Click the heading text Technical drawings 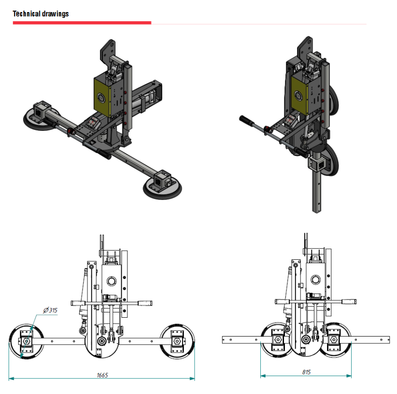[x=41, y=14]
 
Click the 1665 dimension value [x=102, y=375]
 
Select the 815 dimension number [x=306, y=372]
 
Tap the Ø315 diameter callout [x=50, y=310]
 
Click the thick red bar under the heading [x=82, y=23]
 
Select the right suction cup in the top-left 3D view [x=162, y=186]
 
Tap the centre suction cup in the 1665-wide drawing [x=102, y=343]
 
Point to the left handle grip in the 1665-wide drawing [x=78, y=303]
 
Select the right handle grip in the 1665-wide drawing [x=145, y=303]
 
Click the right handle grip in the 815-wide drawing [x=349, y=301]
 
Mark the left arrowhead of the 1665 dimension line [x=11, y=379]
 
